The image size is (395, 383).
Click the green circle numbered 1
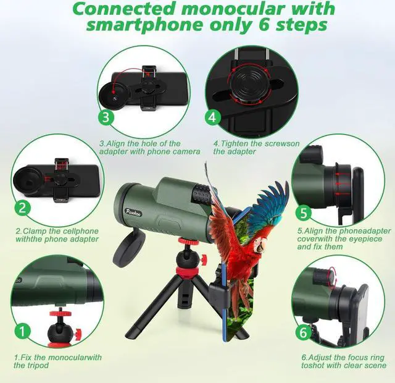coord(22,331)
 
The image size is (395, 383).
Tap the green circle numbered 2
coord(22,208)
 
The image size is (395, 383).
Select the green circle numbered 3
coord(106,117)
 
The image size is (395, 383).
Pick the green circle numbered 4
coord(212,117)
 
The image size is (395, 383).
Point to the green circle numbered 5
coord(303,214)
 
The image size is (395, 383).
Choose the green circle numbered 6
coord(303,331)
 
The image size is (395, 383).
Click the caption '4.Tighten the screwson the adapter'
coord(256,147)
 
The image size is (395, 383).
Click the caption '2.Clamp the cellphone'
coord(57,235)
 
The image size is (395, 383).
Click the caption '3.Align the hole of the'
coord(149,147)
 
